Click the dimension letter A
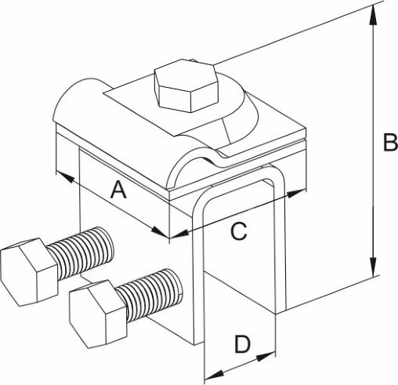point(119,191)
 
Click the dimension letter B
point(390,142)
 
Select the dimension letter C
point(239,231)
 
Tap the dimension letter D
point(243,344)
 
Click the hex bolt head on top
point(186,85)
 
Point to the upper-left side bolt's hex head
point(29,272)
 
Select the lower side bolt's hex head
point(98,314)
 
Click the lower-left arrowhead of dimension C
point(179,234)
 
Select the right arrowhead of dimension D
point(266,357)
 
